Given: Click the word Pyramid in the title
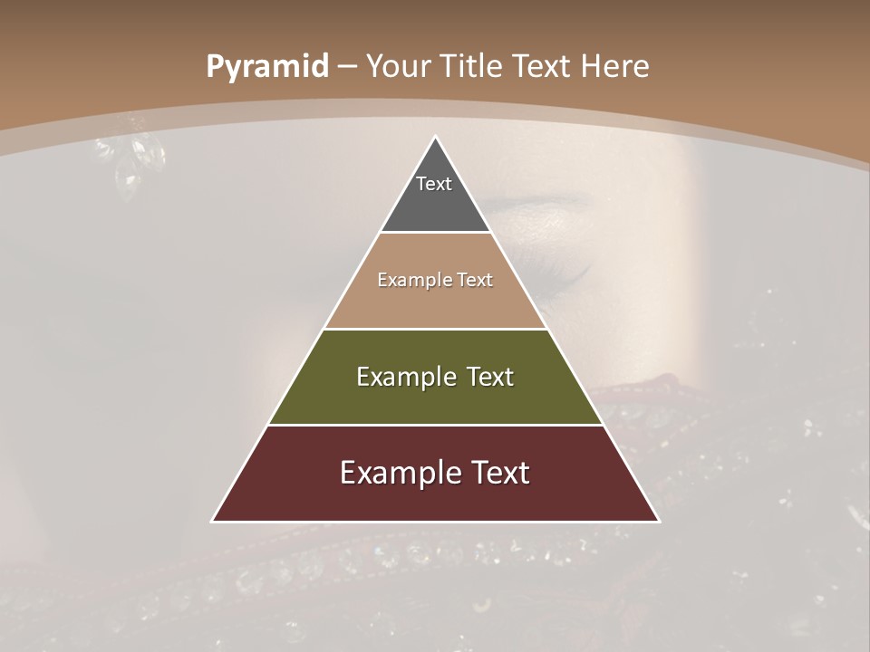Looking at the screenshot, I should pos(267,67).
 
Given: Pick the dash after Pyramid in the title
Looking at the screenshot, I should pos(345,67).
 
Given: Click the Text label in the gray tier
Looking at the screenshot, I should pos(434,184).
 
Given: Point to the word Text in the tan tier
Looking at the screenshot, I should pos(475,280).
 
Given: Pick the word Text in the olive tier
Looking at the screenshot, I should pos(491,377).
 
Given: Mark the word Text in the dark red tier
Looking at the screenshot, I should pos(500,473).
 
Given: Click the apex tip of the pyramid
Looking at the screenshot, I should pos(435,139).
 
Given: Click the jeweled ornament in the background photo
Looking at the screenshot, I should pos(136,158).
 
